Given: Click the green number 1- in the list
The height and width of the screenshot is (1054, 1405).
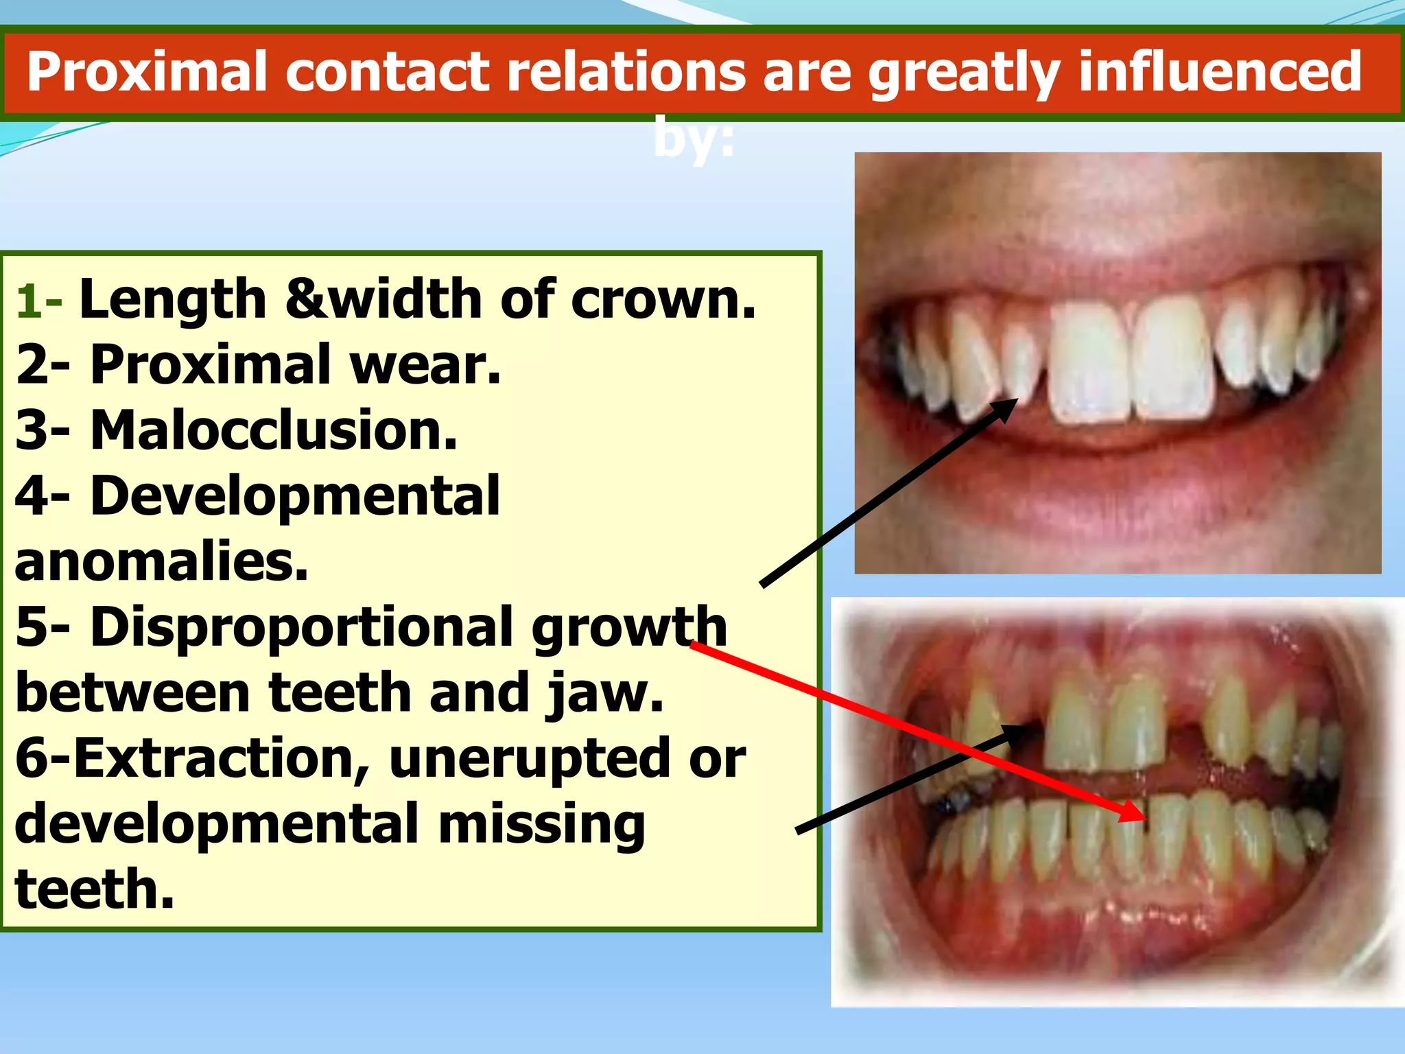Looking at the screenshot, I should click(38, 301).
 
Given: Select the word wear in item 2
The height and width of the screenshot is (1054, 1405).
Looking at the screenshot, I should click(425, 364).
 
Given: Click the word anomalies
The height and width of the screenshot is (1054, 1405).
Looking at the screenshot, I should click(161, 561).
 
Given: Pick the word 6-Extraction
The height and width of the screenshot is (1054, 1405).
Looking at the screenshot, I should click(192, 758).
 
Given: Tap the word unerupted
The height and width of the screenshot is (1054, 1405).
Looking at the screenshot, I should click(528, 759).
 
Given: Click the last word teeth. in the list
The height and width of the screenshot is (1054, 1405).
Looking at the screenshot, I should click(95, 889).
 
